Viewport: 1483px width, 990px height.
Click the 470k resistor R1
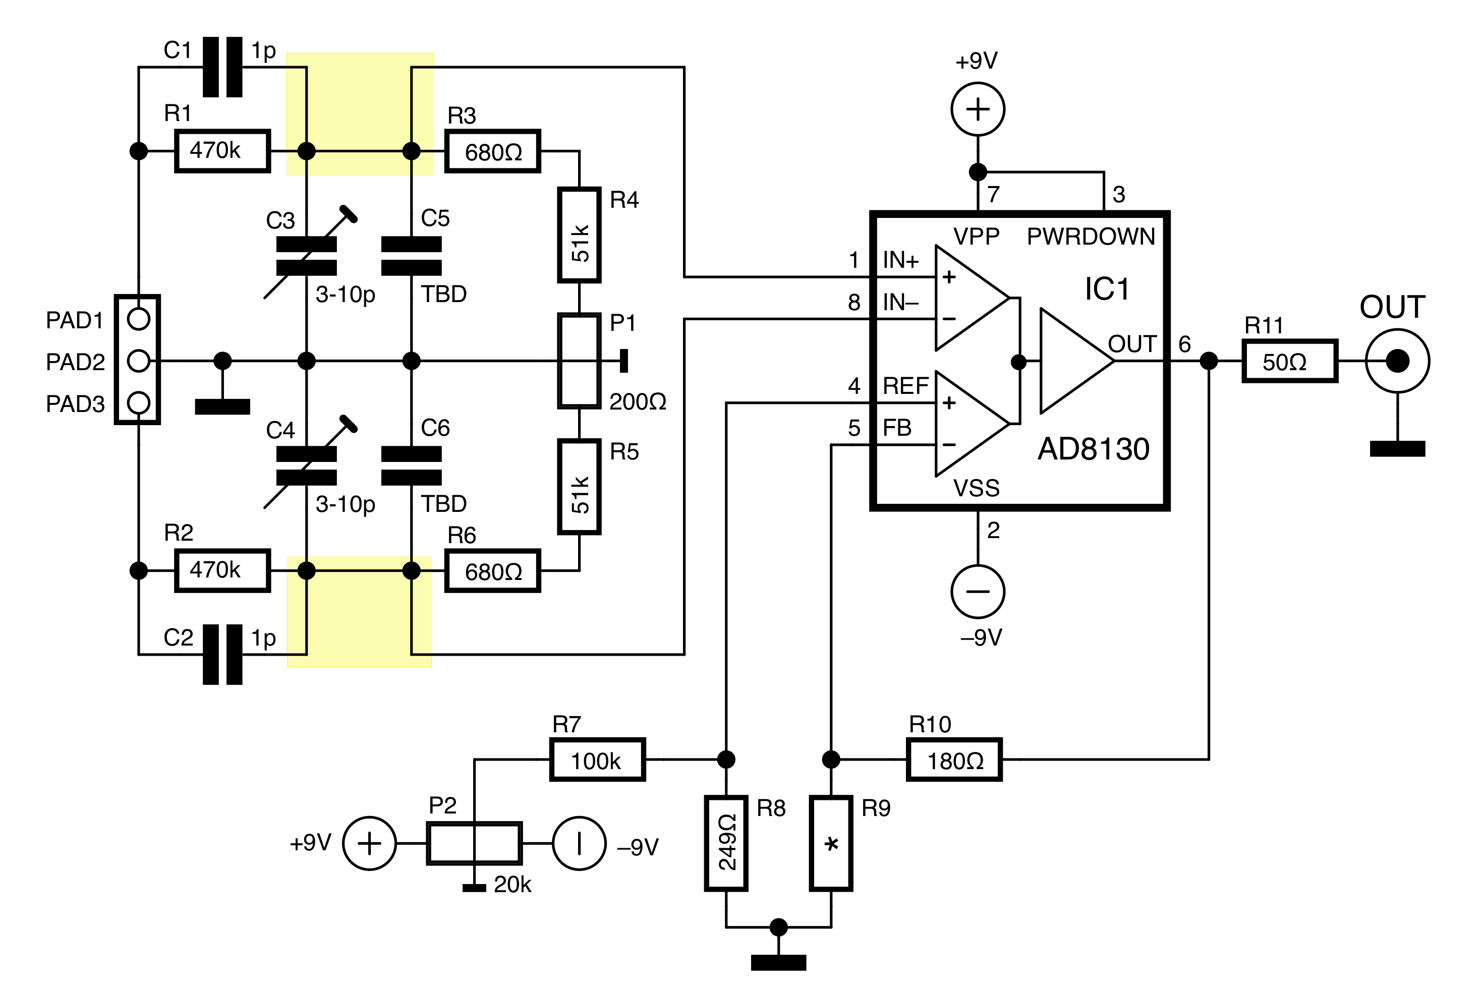[x=222, y=151]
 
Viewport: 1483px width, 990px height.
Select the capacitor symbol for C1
[x=222, y=67]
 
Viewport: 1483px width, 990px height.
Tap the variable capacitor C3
[x=307, y=255]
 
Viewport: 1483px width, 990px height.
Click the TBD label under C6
[x=443, y=504]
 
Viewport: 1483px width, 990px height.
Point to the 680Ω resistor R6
[x=492, y=571]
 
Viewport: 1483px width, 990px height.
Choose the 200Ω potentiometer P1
[x=579, y=361]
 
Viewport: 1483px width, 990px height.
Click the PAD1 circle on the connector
[x=138, y=319]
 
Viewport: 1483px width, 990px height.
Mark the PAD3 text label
[x=75, y=404]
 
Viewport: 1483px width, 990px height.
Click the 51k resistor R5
[x=579, y=487]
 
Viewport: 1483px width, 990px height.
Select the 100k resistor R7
[x=597, y=760]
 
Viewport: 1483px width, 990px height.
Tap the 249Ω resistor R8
[x=726, y=843]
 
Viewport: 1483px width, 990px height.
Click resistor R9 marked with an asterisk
[x=831, y=843]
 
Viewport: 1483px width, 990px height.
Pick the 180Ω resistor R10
[x=954, y=760]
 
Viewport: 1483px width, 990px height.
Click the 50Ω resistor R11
[x=1290, y=361]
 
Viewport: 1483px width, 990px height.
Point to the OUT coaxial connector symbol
[x=1397, y=361]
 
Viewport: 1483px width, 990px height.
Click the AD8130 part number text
[x=1094, y=449]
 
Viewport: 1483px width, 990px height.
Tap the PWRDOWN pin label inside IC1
[x=1091, y=237]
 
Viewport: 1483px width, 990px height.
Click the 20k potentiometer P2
[x=474, y=843]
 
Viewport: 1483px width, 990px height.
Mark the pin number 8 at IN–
[x=853, y=303]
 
